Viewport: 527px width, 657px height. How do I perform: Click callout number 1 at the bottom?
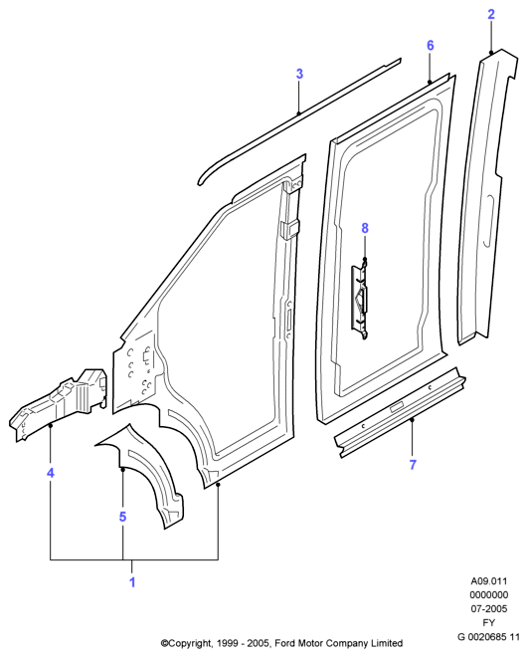point(132,582)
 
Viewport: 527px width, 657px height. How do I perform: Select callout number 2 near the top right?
point(491,14)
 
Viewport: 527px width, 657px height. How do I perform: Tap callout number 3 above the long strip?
point(299,74)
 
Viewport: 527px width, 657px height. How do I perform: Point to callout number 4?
point(51,473)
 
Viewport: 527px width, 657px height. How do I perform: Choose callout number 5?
point(122,517)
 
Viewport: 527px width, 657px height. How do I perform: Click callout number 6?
point(431,45)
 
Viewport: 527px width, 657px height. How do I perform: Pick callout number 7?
point(413,465)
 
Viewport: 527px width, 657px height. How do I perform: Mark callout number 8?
point(365,228)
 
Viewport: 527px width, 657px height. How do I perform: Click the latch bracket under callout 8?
point(361,299)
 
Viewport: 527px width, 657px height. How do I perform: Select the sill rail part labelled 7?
point(400,413)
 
